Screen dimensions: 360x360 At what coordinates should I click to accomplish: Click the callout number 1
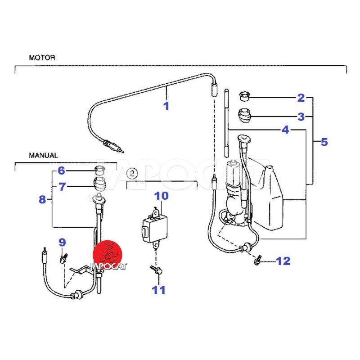click(x=166, y=106)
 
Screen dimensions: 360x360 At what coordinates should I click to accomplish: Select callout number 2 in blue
click(x=301, y=97)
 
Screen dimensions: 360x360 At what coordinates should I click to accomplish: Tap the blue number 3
click(x=301, y=117)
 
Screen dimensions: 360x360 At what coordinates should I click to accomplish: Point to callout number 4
click(x=285, y=130)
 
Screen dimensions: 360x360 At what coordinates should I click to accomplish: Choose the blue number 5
click(x=324, y=142)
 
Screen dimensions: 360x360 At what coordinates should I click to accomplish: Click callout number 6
click(x=61, y=171)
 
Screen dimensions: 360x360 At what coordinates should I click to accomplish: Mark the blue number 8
click(x=42, y=199)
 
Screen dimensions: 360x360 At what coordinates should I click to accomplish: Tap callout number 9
click(x=62, y=243)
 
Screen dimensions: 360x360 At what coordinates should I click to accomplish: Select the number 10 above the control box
click(x=162, y=196)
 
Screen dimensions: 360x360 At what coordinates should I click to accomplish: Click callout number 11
click(x=158, y=290)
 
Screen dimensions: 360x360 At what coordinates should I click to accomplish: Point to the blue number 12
click(x=283, y=261)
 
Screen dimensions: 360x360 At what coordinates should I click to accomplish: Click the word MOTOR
click(x=42, y=58)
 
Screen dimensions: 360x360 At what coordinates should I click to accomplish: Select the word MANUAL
click(x=43, y=155)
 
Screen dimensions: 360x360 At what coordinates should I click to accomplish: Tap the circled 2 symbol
click(x=132, y=172)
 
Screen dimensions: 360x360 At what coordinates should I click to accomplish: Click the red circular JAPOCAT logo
click(x=108, y=253)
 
